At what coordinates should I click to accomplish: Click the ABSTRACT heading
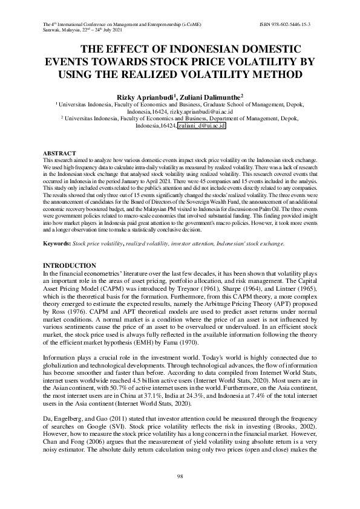point(59,154)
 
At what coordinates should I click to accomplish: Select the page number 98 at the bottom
point(180,478)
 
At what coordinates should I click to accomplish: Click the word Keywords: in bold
point(57,243)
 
